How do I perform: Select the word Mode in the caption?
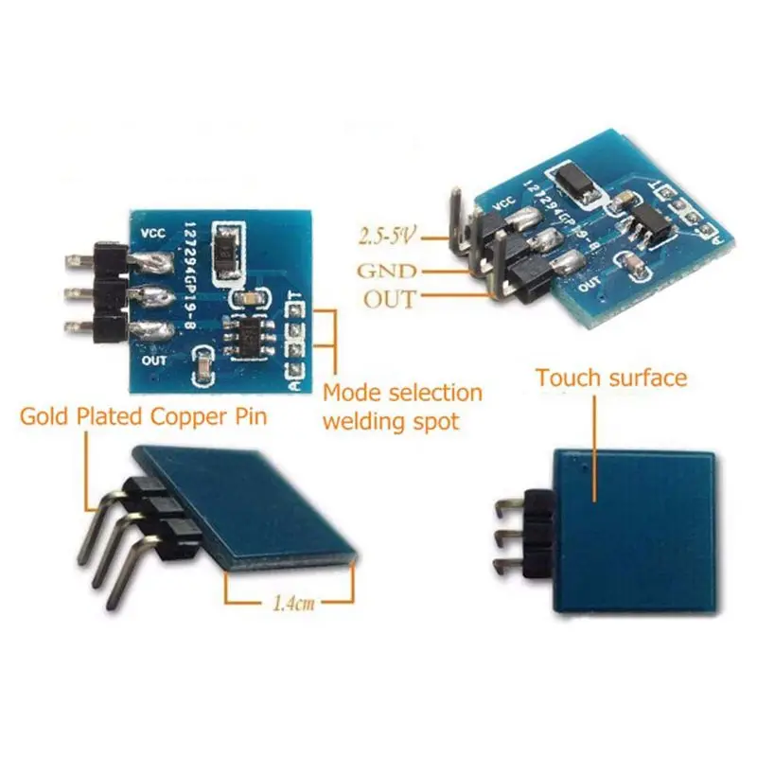[x=349, y=393]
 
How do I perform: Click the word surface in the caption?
[x=645, y=378]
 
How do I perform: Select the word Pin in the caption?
[x=249, y=415]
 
